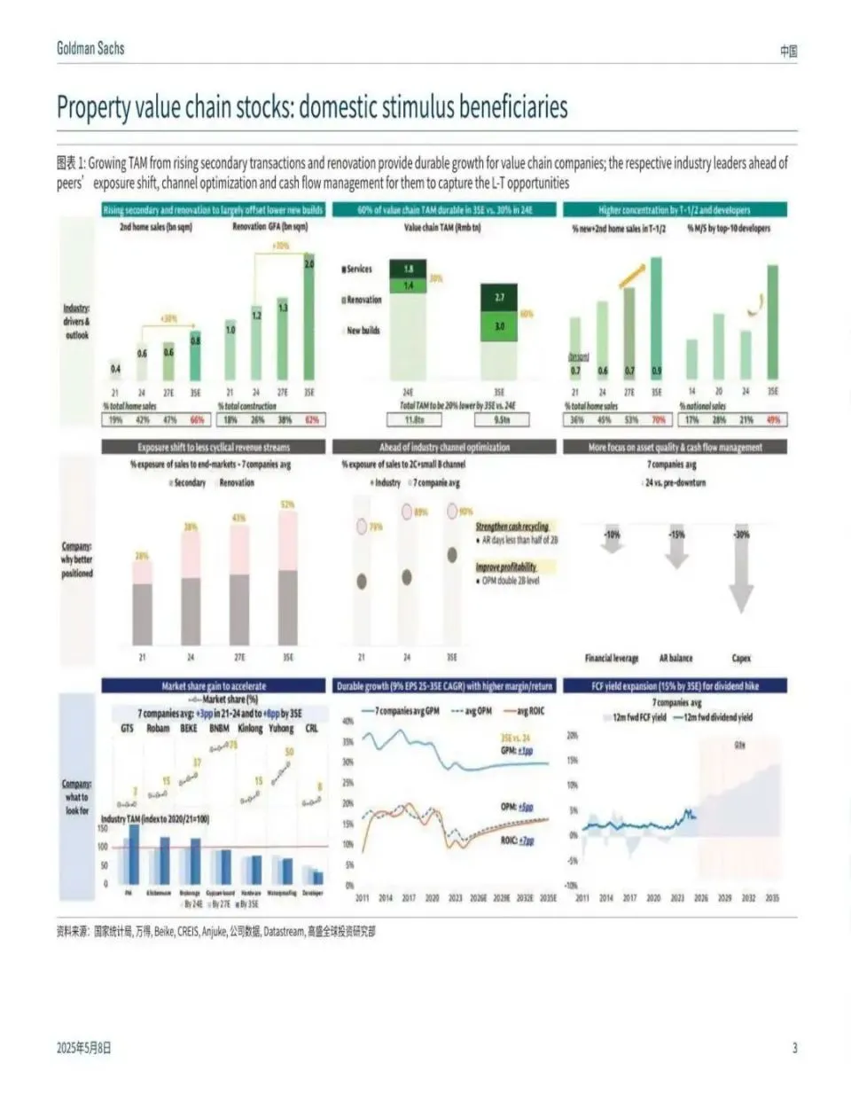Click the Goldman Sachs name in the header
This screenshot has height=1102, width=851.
[x=90, y=49]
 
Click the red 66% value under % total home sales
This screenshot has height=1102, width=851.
[x=197, y=420]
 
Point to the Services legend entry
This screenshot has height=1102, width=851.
[x=357, y=269]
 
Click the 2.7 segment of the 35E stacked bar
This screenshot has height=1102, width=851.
[x=499, y=298]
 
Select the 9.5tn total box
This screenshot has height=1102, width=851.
[x=502, y=420]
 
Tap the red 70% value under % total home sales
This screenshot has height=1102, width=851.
[x=658, y=420]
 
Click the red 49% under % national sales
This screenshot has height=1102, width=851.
[x=773, y=420]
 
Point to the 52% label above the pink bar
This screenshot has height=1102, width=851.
[x=287, y=504]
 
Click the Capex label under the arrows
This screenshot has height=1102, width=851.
[x=741, y=658]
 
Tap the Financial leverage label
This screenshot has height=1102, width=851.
[x=612, y=658]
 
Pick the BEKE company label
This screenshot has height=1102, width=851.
[x=189, y=728]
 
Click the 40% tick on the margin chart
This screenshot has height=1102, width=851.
[x=348, y=721]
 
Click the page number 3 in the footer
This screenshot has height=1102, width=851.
[x=794, y=1048]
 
